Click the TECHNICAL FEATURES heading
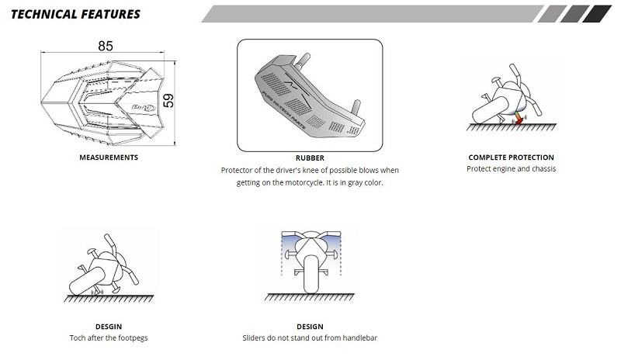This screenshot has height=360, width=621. tap(75, 14)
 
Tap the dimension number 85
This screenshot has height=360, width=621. tap(106, 46)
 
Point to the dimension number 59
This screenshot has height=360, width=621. tap(168, 101)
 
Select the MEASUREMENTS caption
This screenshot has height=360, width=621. tap(109, 157)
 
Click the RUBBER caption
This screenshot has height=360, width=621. tap(310, 158)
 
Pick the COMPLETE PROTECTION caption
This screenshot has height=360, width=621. tap(511, 157)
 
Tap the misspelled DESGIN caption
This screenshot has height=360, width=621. tap(109, 327)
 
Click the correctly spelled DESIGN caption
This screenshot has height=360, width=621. tap(310, 327)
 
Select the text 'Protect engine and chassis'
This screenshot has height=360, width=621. tap(511, 168)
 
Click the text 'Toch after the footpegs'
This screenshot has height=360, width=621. tap(109, 337)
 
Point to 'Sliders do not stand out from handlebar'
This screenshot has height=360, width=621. tap(310, 337)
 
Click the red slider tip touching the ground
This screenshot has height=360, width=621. tap(519, 120)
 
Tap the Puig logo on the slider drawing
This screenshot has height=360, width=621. tap(143, 107)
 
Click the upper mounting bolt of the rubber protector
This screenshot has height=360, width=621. tap(303, 61)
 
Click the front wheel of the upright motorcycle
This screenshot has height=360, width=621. tap(311, 274)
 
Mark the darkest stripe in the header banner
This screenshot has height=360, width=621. tap(597, 14)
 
